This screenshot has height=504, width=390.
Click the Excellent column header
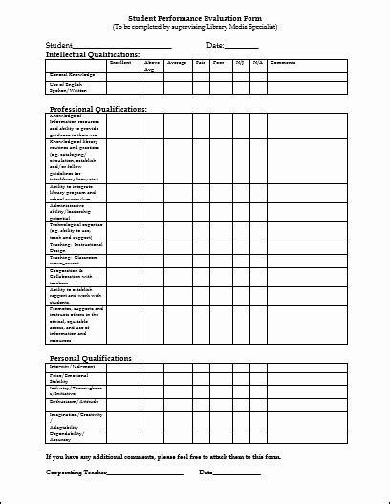click(121, 63)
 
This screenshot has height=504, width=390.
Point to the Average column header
click(176, 63)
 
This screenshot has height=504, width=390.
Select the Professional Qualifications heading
click(97, 110)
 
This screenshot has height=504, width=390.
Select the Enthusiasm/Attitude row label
click(73, 404)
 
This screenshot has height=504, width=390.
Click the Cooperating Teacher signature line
click(144, 472)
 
